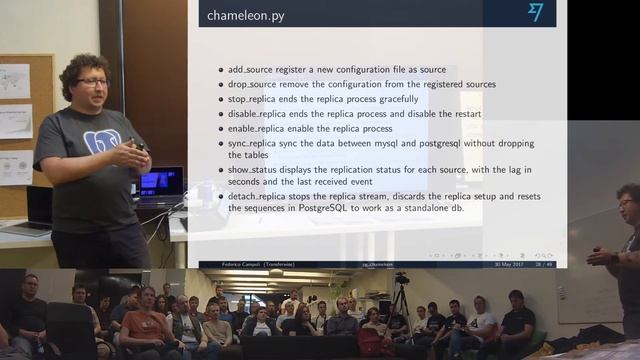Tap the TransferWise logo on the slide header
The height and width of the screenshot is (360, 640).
pyautogui.click(x=536, y=12)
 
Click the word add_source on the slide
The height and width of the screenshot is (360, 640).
pyautogui.click(x=250, y=70)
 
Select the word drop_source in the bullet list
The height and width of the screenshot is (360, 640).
pyautogui.click(x=251, y=85)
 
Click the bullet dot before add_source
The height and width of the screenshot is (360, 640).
pyautogui.click(x=220, y=71)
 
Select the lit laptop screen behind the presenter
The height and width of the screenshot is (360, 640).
pyautogui.click(x=161, y=183)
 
